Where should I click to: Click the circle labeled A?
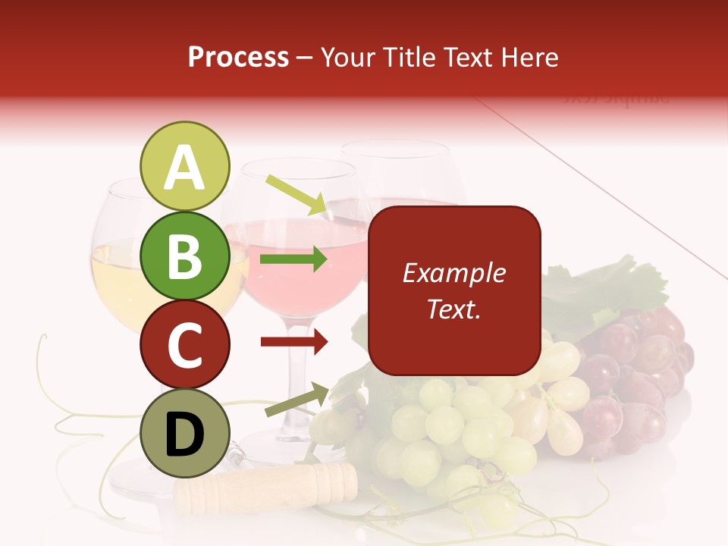[184, 166]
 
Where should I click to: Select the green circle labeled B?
[184, 256]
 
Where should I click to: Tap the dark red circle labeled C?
[184, 345]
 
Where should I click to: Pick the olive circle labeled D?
[184, 433]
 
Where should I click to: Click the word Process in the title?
[238, 57]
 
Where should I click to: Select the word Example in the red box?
[453, 273]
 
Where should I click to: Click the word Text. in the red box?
[453, 309]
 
